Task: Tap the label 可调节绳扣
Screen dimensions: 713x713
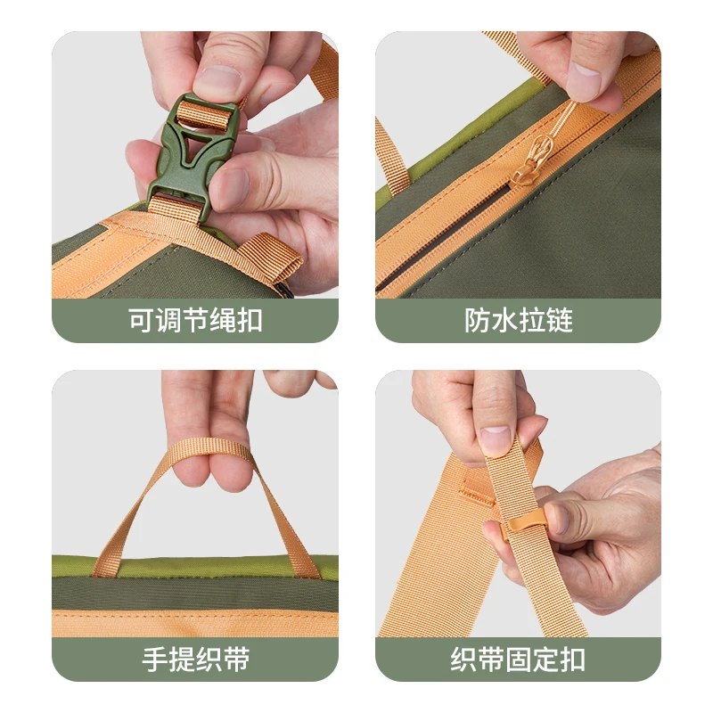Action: click(195, 320)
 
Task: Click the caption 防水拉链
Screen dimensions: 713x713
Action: click(518, 320)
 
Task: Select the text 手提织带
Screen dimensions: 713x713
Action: click(196, 659)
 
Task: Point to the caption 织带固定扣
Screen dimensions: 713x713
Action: click(518, 659)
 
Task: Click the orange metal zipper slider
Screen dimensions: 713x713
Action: click(529, 164)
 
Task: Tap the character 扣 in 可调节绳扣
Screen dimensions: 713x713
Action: click(250, 320)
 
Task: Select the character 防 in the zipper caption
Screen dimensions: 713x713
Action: click(477, 320)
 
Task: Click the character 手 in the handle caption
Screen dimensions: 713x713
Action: click(155, 659)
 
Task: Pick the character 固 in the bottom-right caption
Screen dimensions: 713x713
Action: click(518, 659)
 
